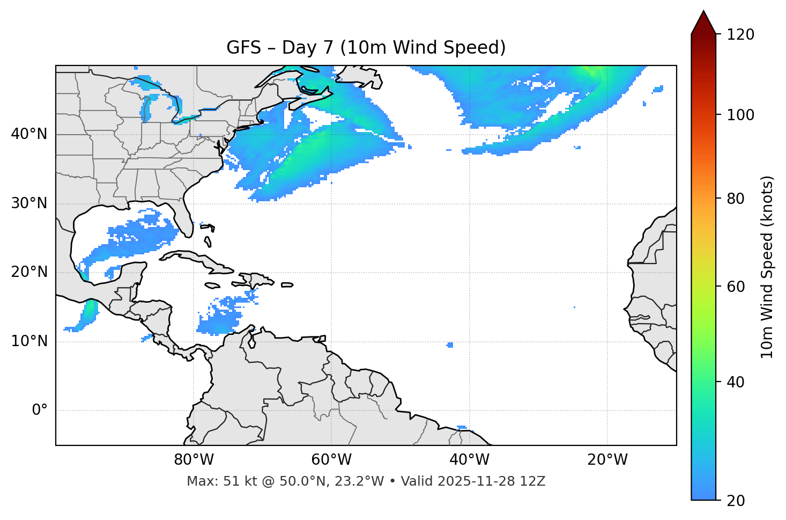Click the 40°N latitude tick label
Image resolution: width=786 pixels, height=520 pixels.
click(x=29, y=134)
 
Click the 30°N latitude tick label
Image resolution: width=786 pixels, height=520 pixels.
click(x=29, y=203)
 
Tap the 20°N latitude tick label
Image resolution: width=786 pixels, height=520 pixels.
click(x=29, y=272)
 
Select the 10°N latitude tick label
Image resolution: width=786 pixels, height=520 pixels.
click(x=29, y=341)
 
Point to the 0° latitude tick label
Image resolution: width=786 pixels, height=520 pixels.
click(x=40, y=411)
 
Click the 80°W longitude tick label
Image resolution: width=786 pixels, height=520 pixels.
click(x=194, y=460)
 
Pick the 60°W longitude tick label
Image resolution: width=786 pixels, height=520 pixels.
click(x=331, y=460)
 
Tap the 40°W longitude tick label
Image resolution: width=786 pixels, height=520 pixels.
click(x=469, y=460)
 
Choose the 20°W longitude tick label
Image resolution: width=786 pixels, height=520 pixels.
click(x=607, y=460)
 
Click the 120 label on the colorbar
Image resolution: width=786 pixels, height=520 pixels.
click(x=740, y=35)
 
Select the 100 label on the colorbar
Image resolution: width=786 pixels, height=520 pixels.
click(x=740, y=115)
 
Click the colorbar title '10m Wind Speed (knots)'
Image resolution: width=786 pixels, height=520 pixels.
click(x=767, y=267)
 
